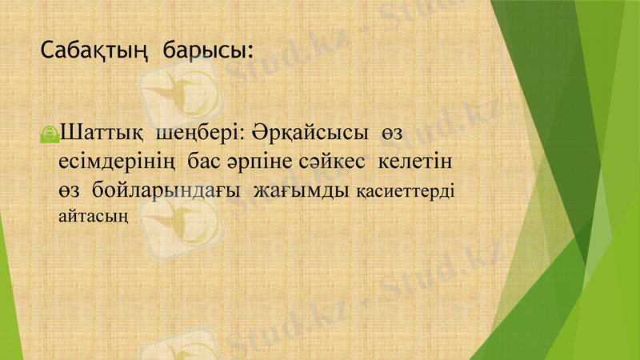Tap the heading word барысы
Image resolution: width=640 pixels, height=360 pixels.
[205, 52]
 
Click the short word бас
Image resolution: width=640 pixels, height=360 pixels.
[207, 161]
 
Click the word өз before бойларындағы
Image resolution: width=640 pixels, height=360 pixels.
[71, 191]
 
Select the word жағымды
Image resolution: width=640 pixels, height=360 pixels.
[302, 192]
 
